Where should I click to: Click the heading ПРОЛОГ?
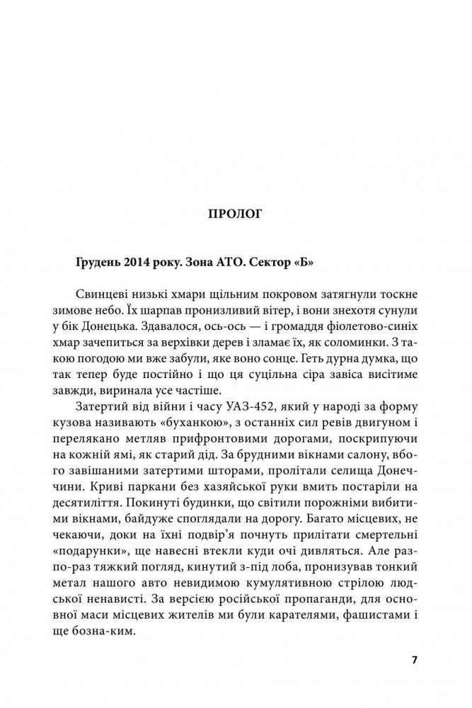click(x=236, y=214)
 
